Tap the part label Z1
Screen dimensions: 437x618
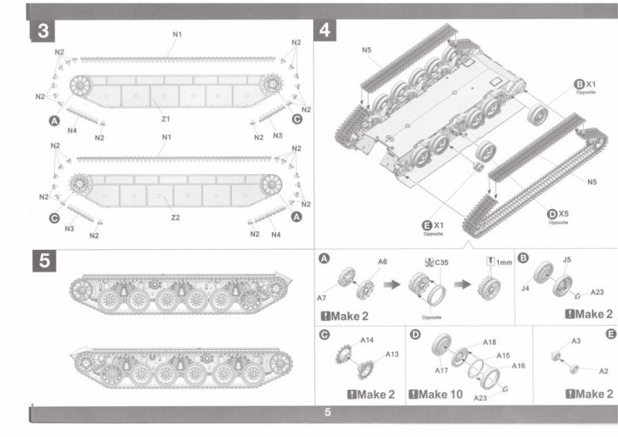tap(166, 118)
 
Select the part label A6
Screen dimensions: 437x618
tap(382, 262)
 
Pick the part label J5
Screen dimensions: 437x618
tap(567, 261)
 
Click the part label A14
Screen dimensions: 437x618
tap(366, 340)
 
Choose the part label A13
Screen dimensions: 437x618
tap(392, 354)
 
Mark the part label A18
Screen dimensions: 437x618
tap(489, 342)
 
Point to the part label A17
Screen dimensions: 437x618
tap(442, 370)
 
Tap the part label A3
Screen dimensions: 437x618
tap(576, 341)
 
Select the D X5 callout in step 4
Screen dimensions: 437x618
tap(558, 215)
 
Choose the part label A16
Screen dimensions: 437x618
tap(519, 365)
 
